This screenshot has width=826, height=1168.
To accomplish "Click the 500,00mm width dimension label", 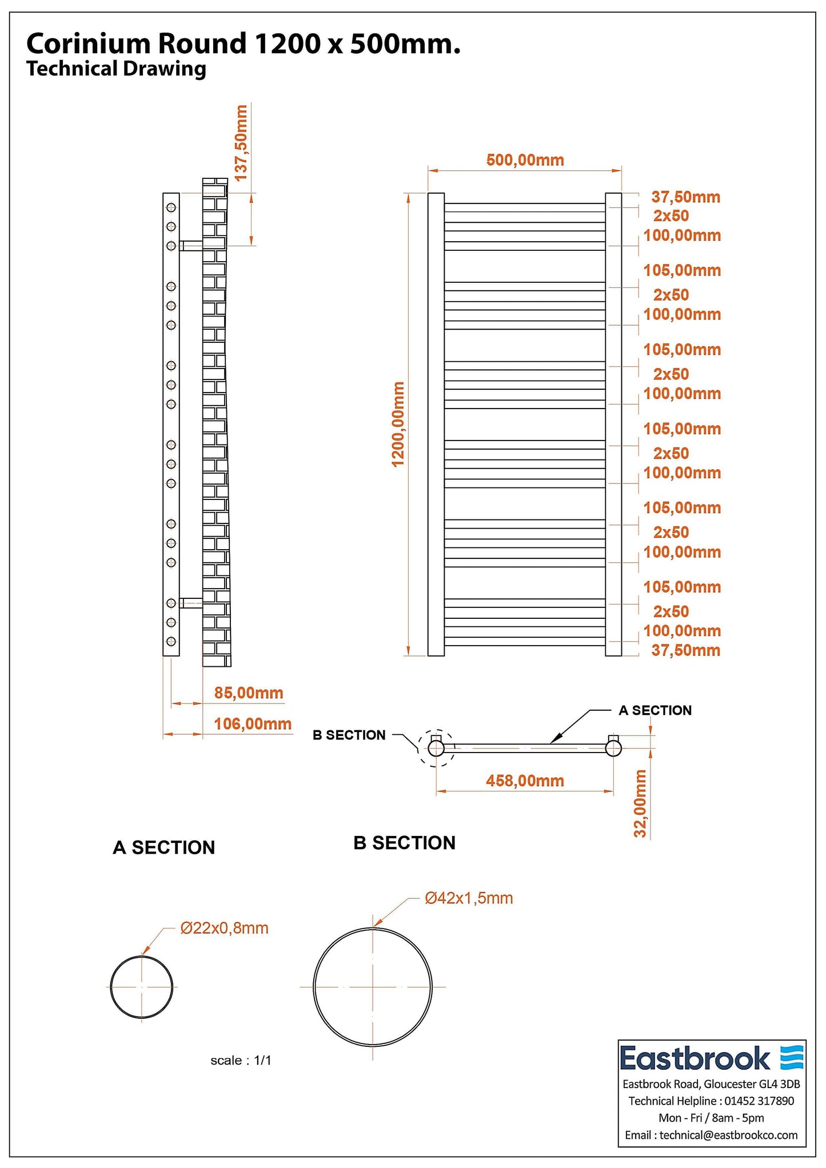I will (x=525, y=160).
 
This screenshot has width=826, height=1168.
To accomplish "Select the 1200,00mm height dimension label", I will (x=398, y=424).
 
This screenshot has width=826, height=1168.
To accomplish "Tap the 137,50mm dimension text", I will (x=242, y=143).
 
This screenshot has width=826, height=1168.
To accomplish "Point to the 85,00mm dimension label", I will (x=249, y=693).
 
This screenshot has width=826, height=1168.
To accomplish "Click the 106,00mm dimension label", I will (x=253, y=724).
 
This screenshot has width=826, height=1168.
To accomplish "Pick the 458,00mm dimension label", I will (x=525, y=781).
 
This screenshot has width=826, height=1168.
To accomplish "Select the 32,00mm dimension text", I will (x=640, y=803).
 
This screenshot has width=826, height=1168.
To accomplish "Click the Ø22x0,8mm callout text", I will (x=224, y=928).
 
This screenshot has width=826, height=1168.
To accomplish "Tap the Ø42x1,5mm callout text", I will (x=469, y=898).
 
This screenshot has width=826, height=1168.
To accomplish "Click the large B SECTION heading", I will (x=404, y=843).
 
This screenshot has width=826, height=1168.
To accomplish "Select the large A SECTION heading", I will (x=164, y=847).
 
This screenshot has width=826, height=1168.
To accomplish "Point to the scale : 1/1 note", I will (x=241, y=1061).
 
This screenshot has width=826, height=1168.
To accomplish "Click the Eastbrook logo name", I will (x=695, y=1058).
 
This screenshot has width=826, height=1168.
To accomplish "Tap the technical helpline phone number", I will (x=759, y=1101).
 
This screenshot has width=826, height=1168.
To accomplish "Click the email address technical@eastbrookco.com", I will (x=728, y=1135).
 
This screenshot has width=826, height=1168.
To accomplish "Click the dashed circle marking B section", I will (x=436, y=747).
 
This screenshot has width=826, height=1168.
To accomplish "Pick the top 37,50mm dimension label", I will (x=685, y=197).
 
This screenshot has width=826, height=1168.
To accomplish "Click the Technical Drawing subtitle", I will (x=116, y=69).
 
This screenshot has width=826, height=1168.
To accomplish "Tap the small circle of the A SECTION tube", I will (x=141, y=987).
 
